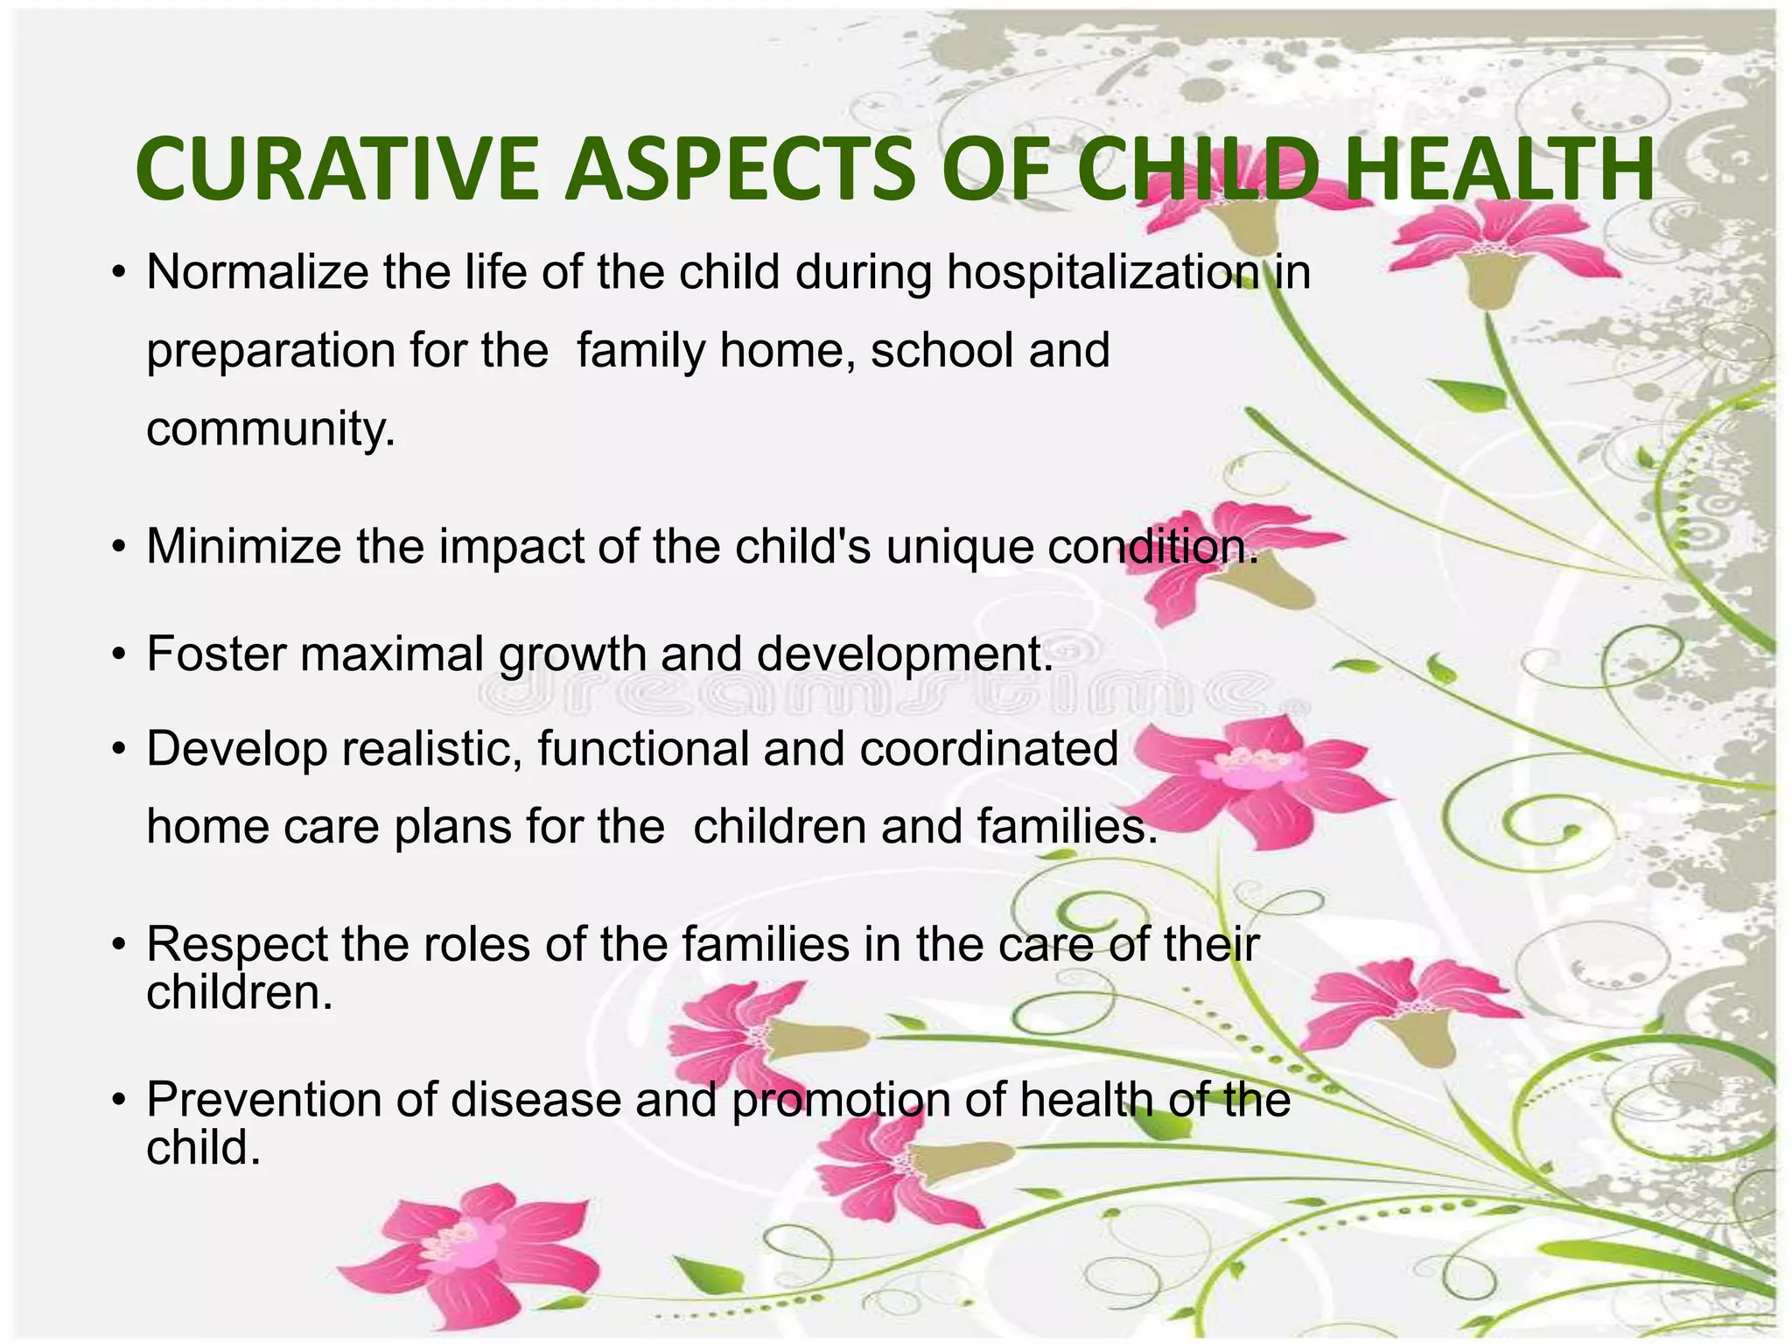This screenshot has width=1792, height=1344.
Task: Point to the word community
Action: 270,430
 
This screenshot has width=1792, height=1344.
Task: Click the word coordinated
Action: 988,749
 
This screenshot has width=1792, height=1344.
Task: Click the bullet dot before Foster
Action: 119,655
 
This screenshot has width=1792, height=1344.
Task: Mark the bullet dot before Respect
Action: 119,946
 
